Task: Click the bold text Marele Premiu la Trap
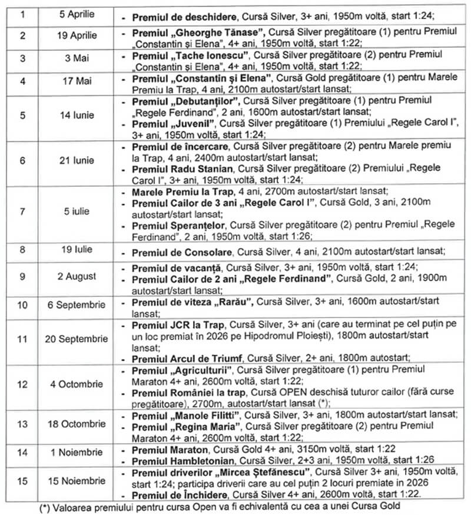[179, 192]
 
